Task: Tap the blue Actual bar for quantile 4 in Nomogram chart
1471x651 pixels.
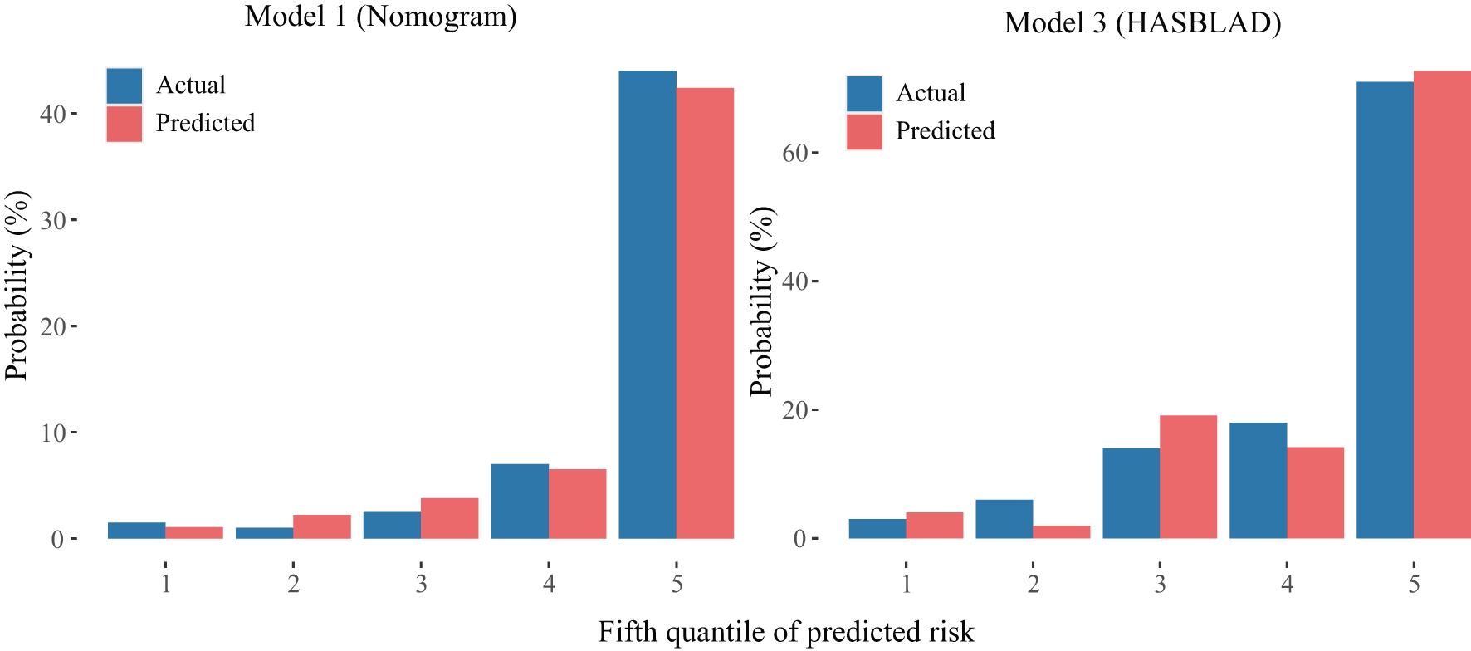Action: point(520,502)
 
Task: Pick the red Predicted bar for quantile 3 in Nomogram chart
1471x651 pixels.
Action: point(449,519)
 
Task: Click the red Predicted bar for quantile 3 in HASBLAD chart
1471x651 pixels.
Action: point(1188,477)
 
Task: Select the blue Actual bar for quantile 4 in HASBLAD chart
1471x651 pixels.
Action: point(1258,481)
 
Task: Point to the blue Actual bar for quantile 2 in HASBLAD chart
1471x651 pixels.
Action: point(1004,519)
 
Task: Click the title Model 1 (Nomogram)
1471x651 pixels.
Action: point(380,16)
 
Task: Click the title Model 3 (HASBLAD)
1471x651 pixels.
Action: point(1142,22)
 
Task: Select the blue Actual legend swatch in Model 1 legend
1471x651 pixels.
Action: point(125,86)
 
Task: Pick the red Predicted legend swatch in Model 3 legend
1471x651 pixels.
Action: point(864,132)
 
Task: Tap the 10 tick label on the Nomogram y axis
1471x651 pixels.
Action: point(53,433)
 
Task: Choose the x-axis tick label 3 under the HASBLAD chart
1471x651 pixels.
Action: point(1160,585)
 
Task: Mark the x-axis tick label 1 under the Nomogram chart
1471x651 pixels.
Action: point(166,585)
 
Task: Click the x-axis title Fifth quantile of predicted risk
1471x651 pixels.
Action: point(785,633)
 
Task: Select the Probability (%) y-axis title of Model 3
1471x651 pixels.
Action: point(761,301)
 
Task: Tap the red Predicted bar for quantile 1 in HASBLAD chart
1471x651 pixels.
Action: point(934,526)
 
